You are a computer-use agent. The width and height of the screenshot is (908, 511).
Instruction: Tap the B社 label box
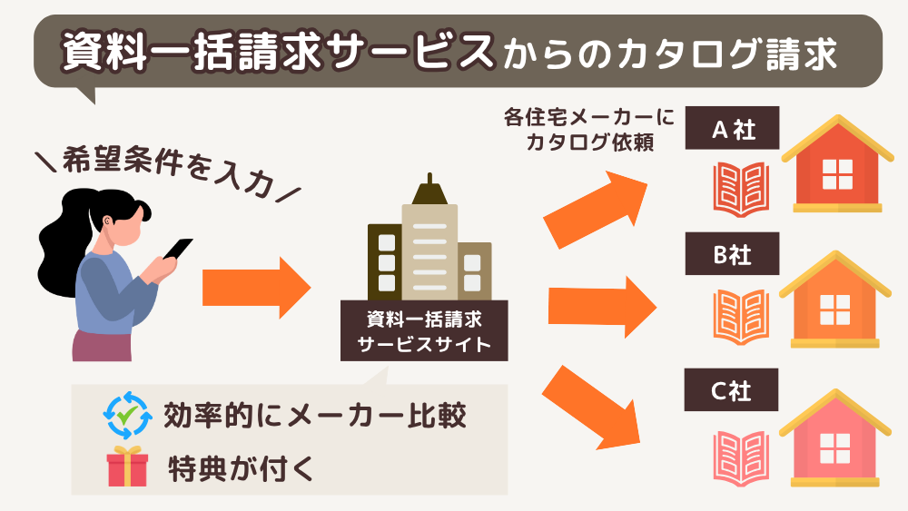pos(733,256)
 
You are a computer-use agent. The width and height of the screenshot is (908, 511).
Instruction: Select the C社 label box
pos(733,394)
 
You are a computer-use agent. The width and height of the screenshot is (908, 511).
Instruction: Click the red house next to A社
pos(837,168)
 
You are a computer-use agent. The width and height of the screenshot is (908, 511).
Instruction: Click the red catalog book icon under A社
pos(742,190)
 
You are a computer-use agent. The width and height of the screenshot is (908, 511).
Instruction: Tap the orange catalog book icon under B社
pos(742,319)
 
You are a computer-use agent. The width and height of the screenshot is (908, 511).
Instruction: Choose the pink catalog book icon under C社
pos(742,457)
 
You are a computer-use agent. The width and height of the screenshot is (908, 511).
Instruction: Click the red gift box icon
pos(127,467)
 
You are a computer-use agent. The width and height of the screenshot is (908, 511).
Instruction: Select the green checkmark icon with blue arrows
pos(126,417)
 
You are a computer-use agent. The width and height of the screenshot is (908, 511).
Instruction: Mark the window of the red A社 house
pos(837,174)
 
